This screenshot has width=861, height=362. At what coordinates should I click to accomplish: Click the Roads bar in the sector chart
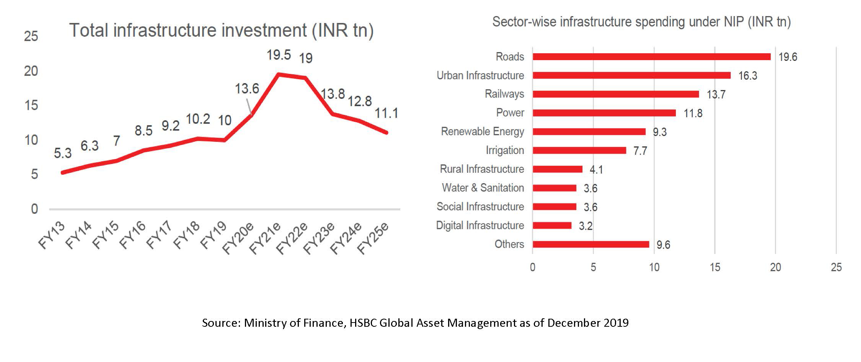pyautogui.click(x=651, y=57)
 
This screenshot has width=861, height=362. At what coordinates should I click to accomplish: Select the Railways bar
pyautogui.click(x=615, y=94)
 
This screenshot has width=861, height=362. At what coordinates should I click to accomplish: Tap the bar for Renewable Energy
pyautogui.click(x=589, y=132)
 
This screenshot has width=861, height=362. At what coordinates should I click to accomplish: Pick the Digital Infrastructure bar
pyautogui.click(x=552, y=226)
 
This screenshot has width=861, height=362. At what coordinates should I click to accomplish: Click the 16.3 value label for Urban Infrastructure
pyautogui.click(x=747, y=76)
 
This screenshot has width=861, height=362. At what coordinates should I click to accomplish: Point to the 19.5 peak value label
pyautogui.click(x=279, y=55)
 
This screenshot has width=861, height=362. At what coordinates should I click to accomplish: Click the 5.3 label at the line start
pyautogui.click(x=63, y=153)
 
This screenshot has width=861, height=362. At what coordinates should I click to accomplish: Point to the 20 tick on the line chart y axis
pyautogui.click(x=31, y=71)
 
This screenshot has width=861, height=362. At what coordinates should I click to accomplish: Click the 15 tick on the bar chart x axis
pyautogui.click(x=715, y=267)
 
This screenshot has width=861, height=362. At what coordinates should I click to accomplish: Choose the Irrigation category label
pyautogui.click(x=505, y=151)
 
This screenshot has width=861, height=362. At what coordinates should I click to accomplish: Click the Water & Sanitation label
pyautogui.click(x=483, y=188)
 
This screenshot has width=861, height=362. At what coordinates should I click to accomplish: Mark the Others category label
pyautogui.click(x=509, y=244)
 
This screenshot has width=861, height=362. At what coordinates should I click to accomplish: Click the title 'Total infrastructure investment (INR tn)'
pyautogui.click(x=221, y=31)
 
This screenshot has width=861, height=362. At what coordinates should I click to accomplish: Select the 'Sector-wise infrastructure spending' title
pyautogui.click(x=641, y=22)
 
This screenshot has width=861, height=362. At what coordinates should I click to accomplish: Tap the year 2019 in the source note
pyautogui.click(x=616, y=323)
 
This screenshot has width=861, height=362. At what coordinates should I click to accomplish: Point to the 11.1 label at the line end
pyautogui.click(x=386, y=113)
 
